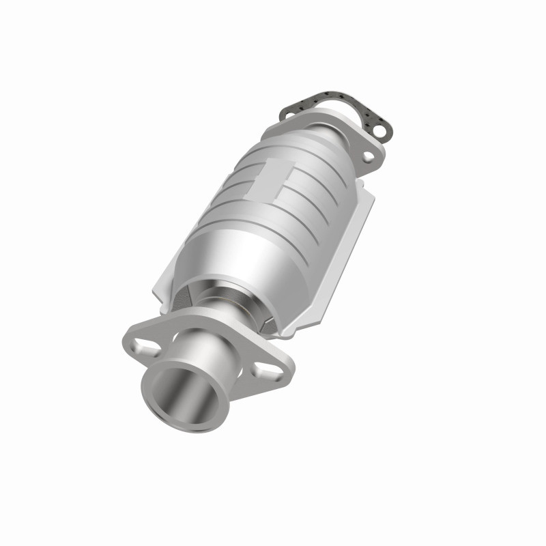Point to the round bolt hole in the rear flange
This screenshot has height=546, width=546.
tap(369, 157)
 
